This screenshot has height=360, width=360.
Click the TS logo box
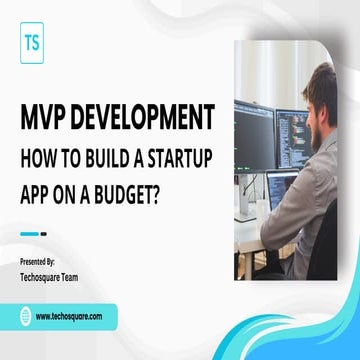coord(33,45)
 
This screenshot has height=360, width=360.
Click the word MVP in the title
coord(45,118)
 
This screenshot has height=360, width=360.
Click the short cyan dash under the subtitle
coord(29,234)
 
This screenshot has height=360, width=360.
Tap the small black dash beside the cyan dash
coord(43,234)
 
